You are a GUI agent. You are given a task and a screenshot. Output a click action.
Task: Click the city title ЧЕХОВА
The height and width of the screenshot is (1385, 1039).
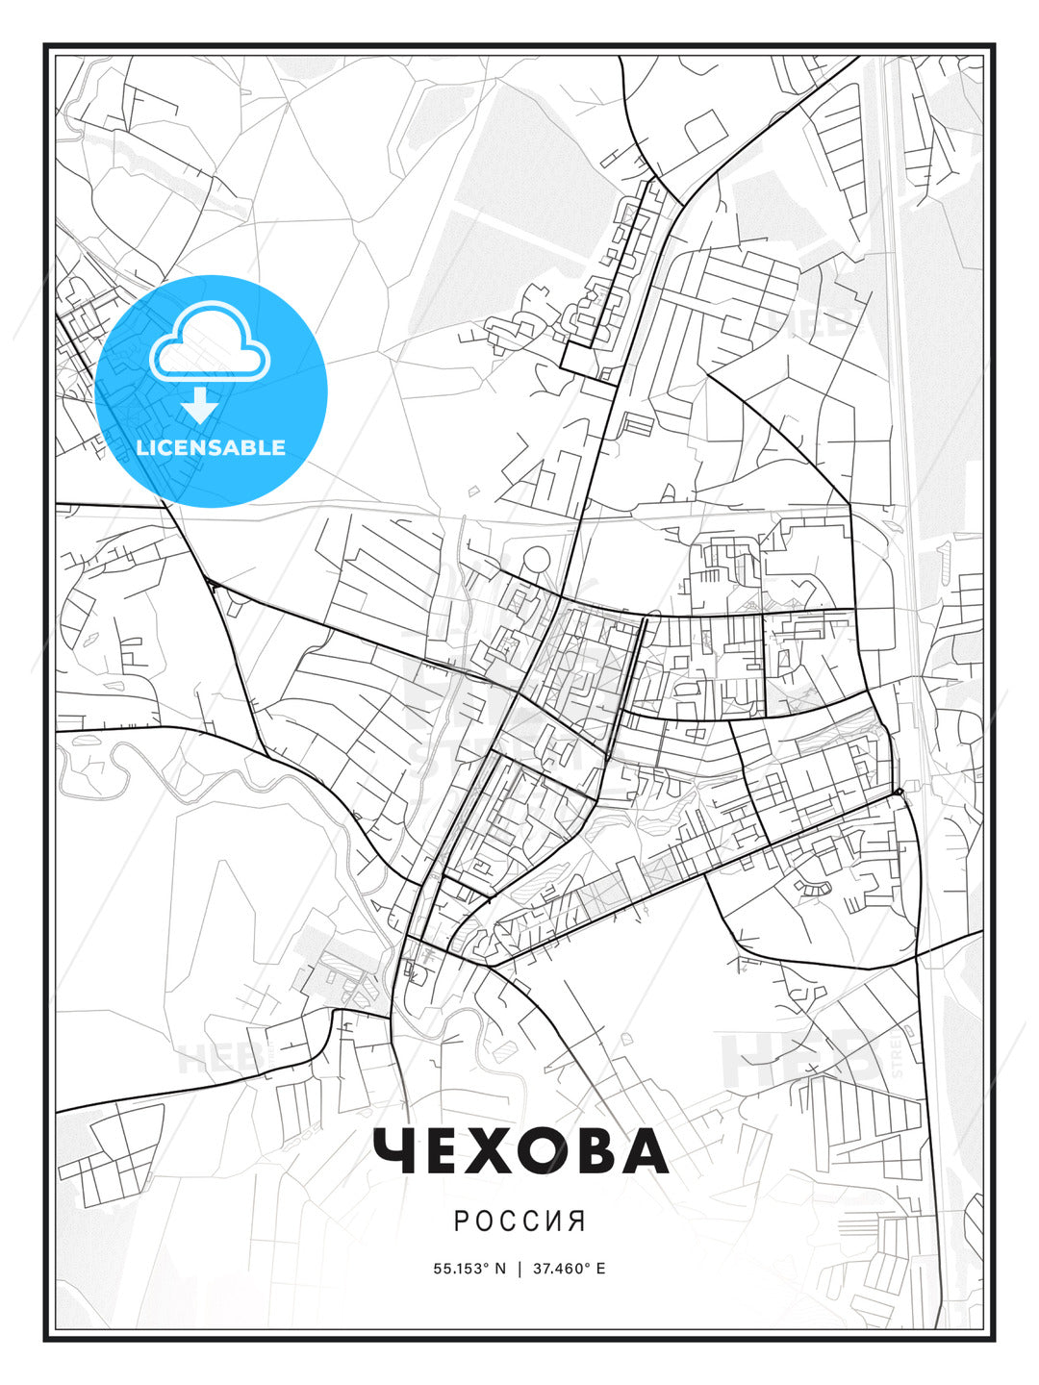click(519, 1151)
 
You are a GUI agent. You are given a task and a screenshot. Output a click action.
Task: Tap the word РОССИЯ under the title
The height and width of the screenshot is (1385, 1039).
click(519, 1221)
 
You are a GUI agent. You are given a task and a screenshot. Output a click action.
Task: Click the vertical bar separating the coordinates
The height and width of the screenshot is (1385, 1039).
click(519, 1269)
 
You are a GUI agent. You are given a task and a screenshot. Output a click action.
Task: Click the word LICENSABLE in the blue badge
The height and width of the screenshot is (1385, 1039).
click(211, 447)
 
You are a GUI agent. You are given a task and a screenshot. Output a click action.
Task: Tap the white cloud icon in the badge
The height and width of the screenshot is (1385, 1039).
click(211, 341)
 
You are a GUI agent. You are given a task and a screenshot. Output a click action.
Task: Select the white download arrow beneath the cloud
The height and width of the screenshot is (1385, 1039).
click(200, 404)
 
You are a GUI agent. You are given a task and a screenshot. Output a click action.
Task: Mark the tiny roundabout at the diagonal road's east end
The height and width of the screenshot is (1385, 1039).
click(897, 792)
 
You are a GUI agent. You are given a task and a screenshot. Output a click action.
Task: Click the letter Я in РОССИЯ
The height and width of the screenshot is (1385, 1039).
click(577, 1221)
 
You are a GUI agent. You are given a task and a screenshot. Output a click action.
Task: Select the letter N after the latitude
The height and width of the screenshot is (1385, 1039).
click(500, 1269)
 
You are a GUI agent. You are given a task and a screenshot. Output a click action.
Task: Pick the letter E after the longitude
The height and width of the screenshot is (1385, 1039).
click(600, 1269)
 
